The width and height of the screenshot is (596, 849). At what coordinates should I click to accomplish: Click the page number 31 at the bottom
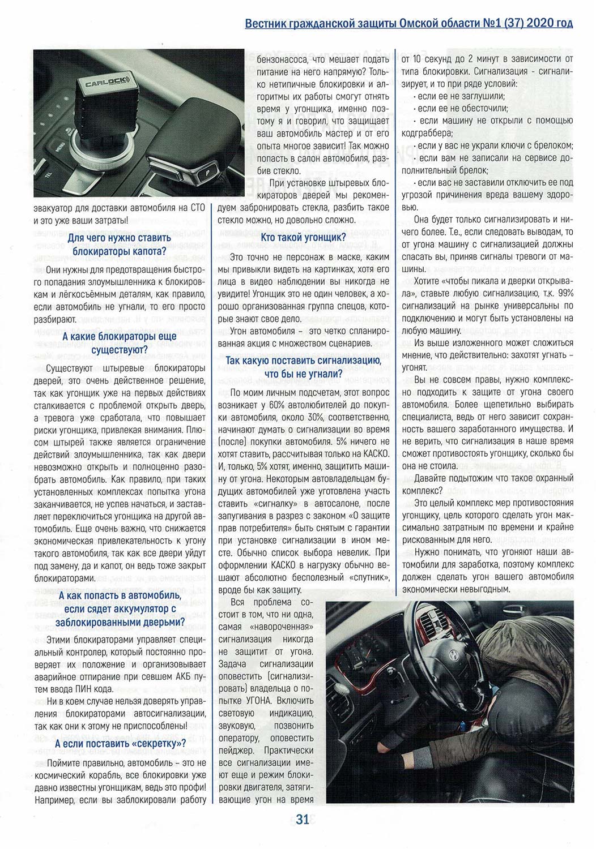pyautogui.click(x=302, y=818)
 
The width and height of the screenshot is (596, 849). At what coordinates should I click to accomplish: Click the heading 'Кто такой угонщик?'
pyautogui.click(x=304, y=237)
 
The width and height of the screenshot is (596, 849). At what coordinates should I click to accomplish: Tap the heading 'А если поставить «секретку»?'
pyautogui.click(x=122, y=743)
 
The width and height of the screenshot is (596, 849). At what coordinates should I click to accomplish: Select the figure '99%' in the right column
pyautogui.click(x=565, y=293)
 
